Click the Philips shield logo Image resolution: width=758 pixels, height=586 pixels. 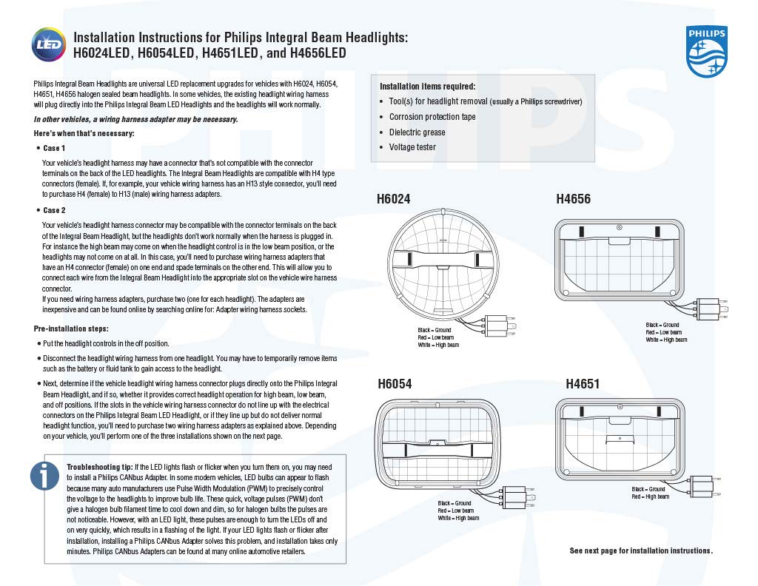(x=707, y=51)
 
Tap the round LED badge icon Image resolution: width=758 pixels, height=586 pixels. (x=48, y=44)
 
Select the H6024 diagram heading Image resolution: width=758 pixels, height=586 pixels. (x=393, y=199)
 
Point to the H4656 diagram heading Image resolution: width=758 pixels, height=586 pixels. (x=573, y=199)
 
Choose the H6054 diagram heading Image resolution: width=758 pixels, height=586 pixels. (x=395, y=384)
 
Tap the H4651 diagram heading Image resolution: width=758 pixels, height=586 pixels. (x=583, y=384)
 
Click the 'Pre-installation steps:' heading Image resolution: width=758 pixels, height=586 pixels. (x=71, y=329)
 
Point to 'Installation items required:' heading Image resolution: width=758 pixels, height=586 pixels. (x=427, y=87)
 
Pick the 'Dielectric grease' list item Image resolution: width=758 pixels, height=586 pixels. (x=417, y=132)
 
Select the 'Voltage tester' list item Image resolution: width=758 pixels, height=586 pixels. (x=412, y=147)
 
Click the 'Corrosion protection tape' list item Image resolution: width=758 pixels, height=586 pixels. (x=432, y=117)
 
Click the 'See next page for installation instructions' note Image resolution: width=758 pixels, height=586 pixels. (x=641, y=550)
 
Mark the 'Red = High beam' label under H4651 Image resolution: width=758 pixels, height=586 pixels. (x=650, y=496)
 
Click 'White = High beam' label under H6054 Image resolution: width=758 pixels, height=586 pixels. (x=457, y=518)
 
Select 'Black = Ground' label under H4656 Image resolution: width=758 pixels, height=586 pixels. (x=662, y=325)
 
